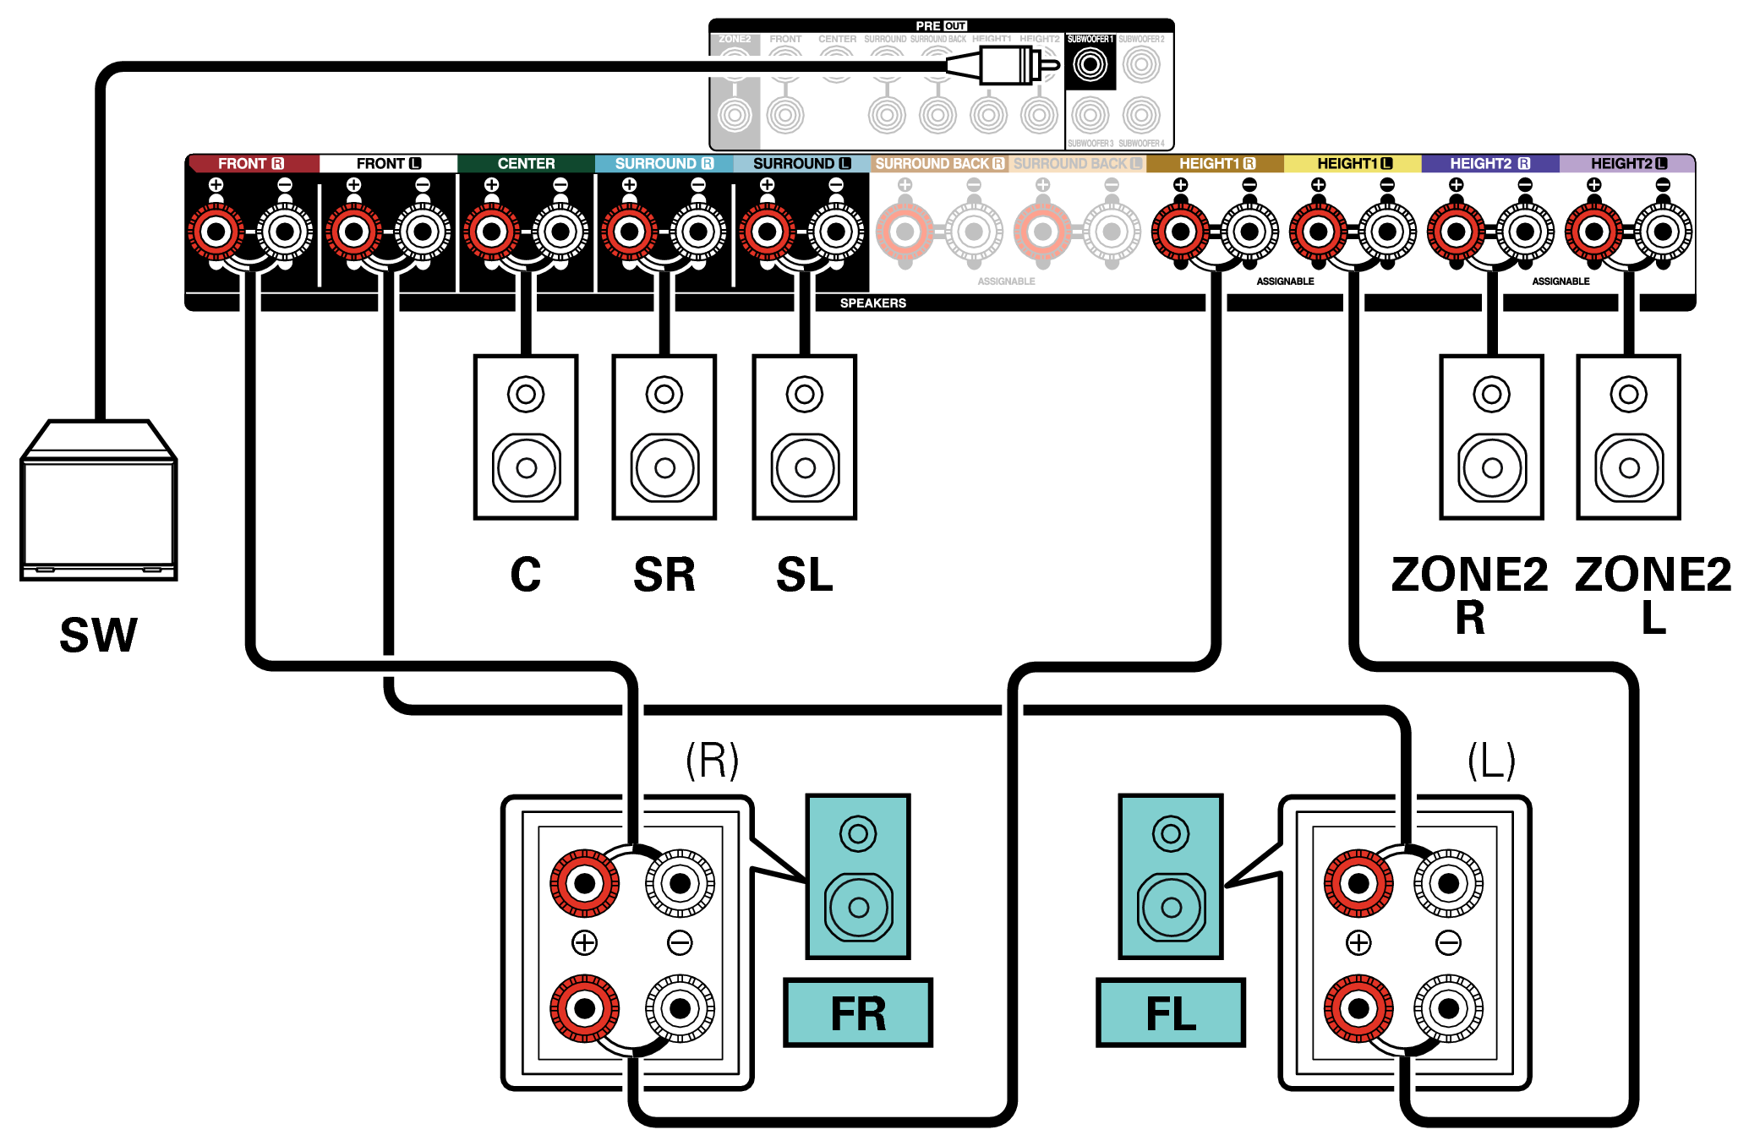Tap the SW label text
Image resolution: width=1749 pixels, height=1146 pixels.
pyautogui.click(x=98, y=636)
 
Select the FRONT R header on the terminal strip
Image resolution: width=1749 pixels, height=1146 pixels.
pyautogui.click(x=252, y=163)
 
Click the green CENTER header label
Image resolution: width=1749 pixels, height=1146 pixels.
pyautogui.click(x=526, y=163)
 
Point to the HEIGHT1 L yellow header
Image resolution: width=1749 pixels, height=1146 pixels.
pyautogui.click(x=1353, y=163)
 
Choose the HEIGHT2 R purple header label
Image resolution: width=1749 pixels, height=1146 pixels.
pyautogui.click(x=1489, y=163)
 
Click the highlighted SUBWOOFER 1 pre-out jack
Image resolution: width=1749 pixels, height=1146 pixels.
pyautogui.click(x=1090, y=64)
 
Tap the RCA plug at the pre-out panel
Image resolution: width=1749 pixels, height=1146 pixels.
pyautogui.click(x=1006, y=65)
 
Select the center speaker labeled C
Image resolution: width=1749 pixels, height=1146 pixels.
pyautogui.click(x=526, y=437)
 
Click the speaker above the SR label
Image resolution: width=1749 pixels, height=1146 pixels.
pyautogui.click(x=664, y=437)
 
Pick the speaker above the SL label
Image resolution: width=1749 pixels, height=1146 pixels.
pyautogui.click(x=805, y=437)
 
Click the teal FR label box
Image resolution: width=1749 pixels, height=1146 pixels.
pyautogui.click(x=858, y=1013)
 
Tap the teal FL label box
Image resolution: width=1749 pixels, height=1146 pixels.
pyautogui.click(x=1171, y=1013)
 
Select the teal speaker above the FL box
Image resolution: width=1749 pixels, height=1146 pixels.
pyautogui.click(x=1171, y=876)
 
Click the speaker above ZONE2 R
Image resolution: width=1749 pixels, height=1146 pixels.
pyautogui.click(x=1491, y=437)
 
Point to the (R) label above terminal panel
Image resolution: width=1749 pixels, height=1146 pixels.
pyautogui.click(x=712, y=760)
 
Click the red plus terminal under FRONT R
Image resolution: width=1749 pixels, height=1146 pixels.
pyautogui.click(x=216, y=232)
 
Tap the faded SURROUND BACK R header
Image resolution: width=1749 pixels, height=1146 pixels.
pyautogui.click(x=938, y=163)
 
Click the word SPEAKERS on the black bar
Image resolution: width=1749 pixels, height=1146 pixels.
pyautogui.click(x=872, y=303)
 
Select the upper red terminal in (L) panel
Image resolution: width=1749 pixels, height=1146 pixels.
pyautogui.click(x=1358, y=884)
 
